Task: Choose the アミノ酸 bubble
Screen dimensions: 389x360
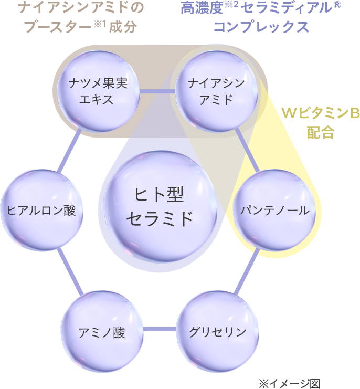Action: [102, 331]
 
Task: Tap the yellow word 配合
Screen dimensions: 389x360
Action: [320, 132]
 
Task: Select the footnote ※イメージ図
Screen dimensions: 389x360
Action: [289, 383]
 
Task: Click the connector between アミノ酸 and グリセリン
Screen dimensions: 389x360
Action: [160, 330]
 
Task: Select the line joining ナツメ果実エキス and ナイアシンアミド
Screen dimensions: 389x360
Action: [157, 91]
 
